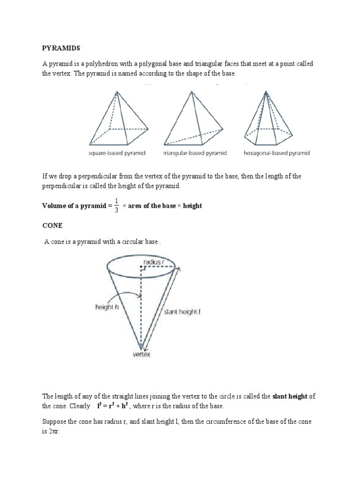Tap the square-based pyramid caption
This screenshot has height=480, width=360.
coord(117,153)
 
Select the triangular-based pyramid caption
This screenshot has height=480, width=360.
coord(195,153)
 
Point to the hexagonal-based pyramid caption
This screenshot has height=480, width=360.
coord(277,153)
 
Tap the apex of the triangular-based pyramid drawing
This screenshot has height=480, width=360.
coord(191,91)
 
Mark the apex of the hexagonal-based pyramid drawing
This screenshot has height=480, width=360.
coord(267,91)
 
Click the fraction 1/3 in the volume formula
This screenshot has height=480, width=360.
coord(116,206)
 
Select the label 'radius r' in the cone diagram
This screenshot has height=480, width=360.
coord(154,262)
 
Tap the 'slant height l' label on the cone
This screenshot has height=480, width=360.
coord(182,312)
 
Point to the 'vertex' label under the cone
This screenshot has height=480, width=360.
coord(141,355)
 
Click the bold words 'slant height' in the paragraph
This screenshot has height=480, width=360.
coord(290,396)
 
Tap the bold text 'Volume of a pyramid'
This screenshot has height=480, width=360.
coord(75,206)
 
